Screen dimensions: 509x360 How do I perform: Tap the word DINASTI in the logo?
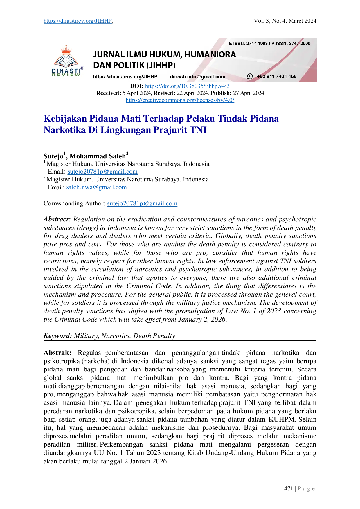tap(66, 71)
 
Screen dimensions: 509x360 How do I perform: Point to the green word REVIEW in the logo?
tap(66, 75)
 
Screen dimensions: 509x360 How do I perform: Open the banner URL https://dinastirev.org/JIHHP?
tap(125, 77)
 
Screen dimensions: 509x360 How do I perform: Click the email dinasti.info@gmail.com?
tap(197, 77)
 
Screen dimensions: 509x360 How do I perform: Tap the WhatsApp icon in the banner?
tap(250, 76)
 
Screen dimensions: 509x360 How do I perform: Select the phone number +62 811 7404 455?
tap(276, 76)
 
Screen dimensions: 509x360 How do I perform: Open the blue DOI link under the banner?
tap(187, 86)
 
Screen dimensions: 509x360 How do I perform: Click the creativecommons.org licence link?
tap(180, 100)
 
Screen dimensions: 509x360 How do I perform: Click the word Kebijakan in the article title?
tap(64, 118)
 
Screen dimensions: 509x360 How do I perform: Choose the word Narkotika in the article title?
tap(64, 130)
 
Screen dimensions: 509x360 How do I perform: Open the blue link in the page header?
tap(77, 21)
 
